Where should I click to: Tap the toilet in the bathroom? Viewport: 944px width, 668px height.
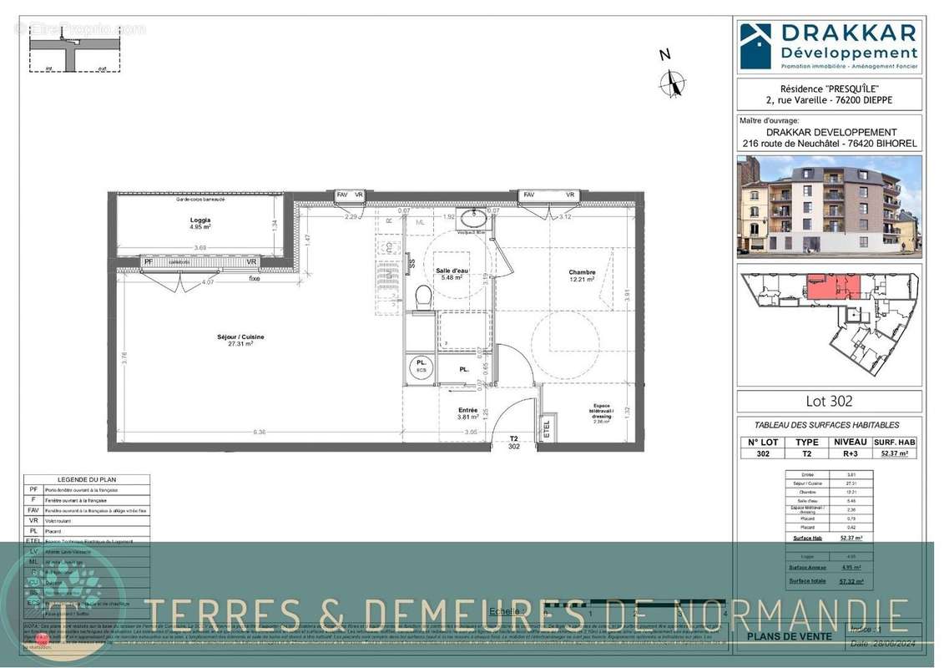point(423,296)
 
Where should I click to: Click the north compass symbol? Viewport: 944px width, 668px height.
point(672,82)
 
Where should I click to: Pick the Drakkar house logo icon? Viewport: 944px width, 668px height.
point(756,46)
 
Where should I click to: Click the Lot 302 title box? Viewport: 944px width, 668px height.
point(829,401)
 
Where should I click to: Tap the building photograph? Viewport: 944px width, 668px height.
point(829,205)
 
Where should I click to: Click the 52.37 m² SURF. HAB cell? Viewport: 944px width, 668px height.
point(895,453)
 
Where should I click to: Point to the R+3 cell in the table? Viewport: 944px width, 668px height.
point(850,453)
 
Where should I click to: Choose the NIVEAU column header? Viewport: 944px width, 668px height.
point(850,442)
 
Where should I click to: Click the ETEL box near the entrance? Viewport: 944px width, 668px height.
point(548,428)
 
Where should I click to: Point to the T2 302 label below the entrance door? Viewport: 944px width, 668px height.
point(514,442)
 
